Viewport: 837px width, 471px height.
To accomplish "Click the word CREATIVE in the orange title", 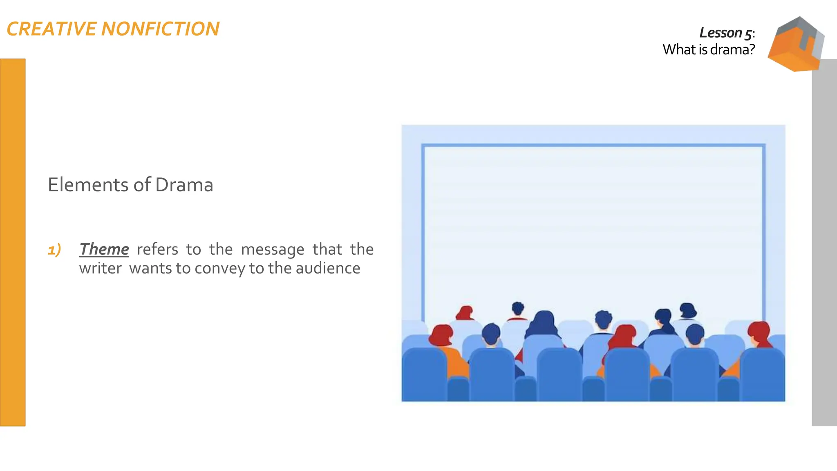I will pos(51,29).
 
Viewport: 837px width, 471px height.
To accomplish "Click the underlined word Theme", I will pos(104,249).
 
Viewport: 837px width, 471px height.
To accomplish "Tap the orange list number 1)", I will pos(54,249).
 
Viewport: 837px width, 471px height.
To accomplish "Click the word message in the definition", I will pos(272,249).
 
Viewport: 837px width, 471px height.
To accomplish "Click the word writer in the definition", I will pos(100,269).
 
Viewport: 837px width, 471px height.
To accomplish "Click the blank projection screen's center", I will pos(593,229).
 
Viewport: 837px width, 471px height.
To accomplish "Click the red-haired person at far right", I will pos(759,333).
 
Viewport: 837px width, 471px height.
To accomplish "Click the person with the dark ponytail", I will pos(664,321).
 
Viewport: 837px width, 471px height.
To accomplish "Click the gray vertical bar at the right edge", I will pos(824,245).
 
